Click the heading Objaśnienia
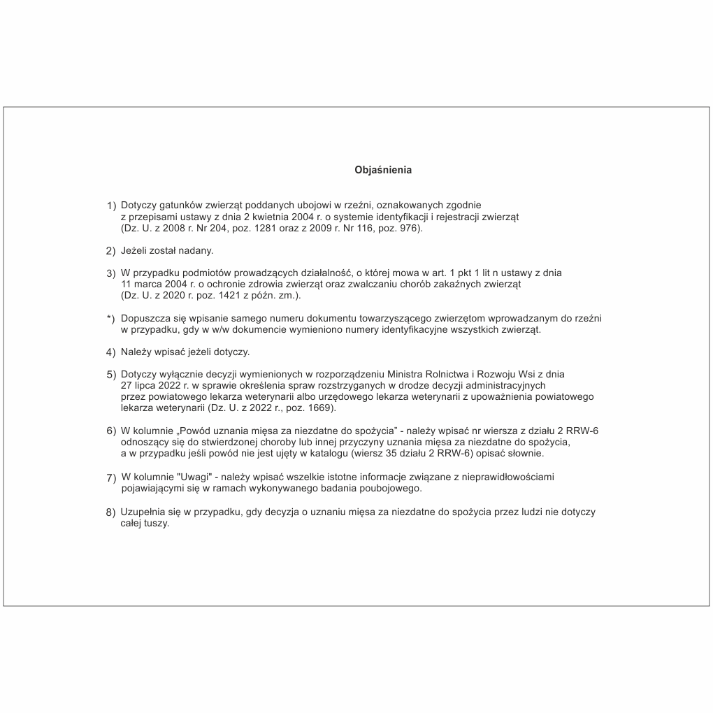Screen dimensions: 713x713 point(383,170)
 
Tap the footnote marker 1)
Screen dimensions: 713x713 point(111,206)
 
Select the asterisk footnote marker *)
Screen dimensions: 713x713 point(110,319)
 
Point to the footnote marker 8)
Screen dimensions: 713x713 point(110,513)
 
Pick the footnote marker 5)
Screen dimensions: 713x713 point(110,375)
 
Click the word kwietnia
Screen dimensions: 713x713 point(260,217)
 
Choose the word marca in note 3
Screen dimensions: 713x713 point(147,285)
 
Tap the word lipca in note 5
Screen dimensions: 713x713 point(147,385)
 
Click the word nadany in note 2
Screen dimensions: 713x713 point(196,250)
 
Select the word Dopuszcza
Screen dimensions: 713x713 point(144,319)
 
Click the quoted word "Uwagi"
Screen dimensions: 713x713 point(189,477)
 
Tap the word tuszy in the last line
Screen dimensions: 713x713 point(156,524)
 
